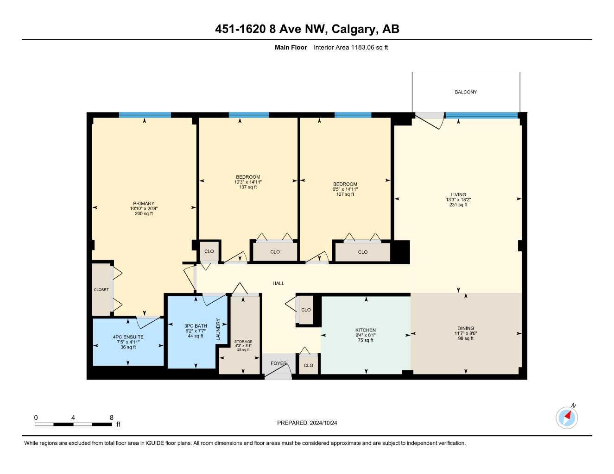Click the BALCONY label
466,92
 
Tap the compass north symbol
567,418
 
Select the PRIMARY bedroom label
144,204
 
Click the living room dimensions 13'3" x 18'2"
458,200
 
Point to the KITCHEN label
366,330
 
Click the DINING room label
466,328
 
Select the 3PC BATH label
196,326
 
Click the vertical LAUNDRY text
218,329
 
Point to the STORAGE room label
243,342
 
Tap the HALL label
279,283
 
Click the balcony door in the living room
429,119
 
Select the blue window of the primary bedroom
145,115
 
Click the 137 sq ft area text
248,187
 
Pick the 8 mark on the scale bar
112,418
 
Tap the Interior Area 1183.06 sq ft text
351,47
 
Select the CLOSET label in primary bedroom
101,290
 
